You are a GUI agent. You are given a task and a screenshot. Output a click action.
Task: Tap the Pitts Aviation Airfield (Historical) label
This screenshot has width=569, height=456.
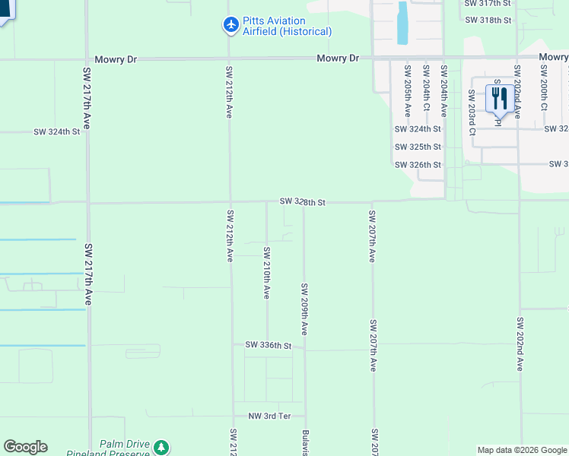pyautogui.click(x=288, y=26)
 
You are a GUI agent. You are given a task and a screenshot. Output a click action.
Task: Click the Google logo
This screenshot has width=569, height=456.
pyautogui.click(x=25, y=447)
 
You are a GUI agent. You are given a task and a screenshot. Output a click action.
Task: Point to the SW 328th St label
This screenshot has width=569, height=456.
pyautogui.click(x=302, y=202)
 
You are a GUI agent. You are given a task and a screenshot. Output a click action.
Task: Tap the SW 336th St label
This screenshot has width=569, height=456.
pyautogui.click(x=269, y=346)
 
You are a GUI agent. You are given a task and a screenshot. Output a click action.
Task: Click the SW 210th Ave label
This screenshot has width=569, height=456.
pyautogui.click(x=267, y=272)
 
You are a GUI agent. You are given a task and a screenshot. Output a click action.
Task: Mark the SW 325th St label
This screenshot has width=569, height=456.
pyautogui.click(x=418, y=147)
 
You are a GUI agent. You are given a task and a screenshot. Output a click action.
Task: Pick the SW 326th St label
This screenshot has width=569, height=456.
pyautogui.click(x=418, y=165)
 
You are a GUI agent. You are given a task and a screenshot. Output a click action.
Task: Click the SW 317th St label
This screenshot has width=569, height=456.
pyautogui.click(x=488, y=3)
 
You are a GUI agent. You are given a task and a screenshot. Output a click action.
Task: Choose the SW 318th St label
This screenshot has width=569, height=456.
pyautogui.click(x=488, y=20)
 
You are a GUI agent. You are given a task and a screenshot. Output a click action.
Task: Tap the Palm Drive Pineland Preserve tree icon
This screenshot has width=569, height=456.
pyautogui.click(x=161, y=448)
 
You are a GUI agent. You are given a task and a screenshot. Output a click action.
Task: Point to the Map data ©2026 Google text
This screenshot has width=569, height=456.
pyautogui.click(x=521, y=450)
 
